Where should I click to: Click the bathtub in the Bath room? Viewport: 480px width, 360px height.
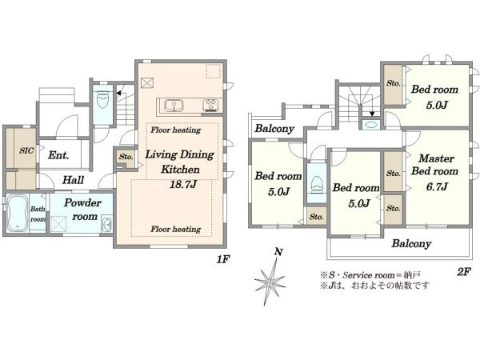[18, 213]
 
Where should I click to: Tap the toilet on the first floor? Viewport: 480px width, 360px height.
[102, 99]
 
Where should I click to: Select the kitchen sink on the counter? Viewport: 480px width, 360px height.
[174, 106]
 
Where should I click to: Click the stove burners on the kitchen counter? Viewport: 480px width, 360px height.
[211, 106]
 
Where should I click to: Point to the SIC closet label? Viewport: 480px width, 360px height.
[26, 150]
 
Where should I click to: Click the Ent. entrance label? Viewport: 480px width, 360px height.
[58, 155]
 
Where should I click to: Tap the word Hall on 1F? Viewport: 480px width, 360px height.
[73, 180]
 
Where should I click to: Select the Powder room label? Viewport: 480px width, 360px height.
[82, 210]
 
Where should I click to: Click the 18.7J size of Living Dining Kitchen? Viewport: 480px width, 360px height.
[183, 184]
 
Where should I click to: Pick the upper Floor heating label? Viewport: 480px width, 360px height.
[176, 130]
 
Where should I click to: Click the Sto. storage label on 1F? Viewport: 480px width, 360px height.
[126, 157]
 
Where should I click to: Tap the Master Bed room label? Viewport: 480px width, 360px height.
[435, 165]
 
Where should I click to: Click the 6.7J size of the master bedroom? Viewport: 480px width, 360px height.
[437, 186]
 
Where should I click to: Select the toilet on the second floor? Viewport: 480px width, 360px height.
[317, 184]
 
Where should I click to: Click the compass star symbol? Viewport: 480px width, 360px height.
[270, 282]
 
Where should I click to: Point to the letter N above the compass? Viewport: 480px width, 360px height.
[278, 252]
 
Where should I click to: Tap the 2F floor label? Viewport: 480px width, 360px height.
[463, 271]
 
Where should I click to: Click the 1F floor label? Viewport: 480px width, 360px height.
[223, 259]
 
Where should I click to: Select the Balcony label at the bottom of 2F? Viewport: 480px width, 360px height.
[411, 244]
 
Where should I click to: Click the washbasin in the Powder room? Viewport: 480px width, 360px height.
[107, 226]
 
